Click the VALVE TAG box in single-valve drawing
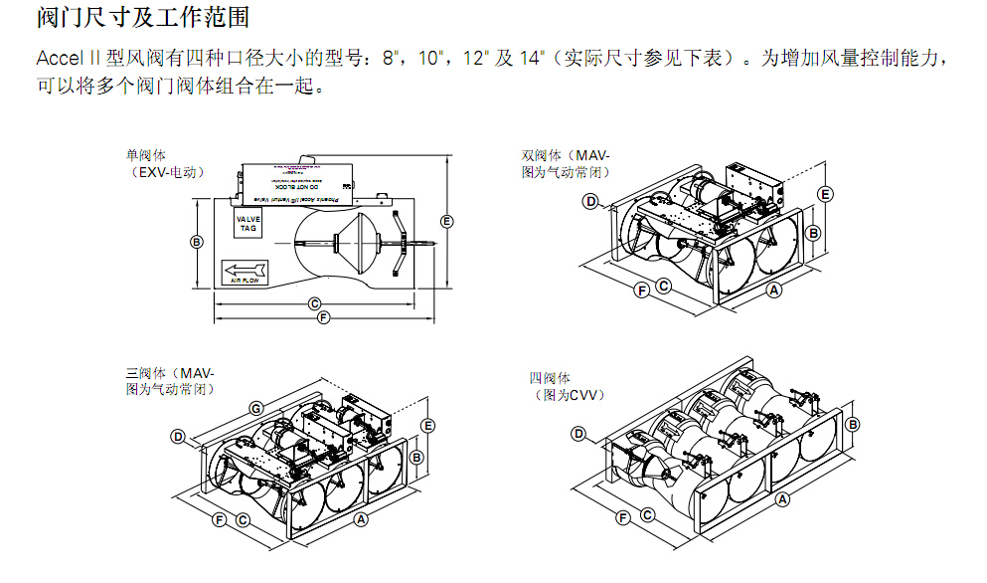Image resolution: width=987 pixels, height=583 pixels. pos(247,224)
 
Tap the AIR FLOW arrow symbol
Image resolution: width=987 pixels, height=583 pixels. pos(244,270)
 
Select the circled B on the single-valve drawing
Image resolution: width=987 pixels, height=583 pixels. pos(197,242)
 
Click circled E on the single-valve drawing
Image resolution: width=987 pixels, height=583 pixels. pos(447,220)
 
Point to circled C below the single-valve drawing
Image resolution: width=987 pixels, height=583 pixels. pos(314,303)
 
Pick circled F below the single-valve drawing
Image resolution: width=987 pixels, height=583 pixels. pos(323,318)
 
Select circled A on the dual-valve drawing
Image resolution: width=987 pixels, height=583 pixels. pos(775,290)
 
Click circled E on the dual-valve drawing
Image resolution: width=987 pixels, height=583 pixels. pos(825,193)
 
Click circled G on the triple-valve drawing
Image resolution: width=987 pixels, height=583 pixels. pos(255,408)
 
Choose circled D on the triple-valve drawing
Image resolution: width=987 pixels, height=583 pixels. pos(178,436)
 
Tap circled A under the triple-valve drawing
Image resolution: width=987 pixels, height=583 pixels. pos(362,519)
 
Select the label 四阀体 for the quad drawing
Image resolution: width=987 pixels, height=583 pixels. pos(550,379)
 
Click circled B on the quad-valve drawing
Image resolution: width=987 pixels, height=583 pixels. pos(853,424)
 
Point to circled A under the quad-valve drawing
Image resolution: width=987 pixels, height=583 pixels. pos(782,500)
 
